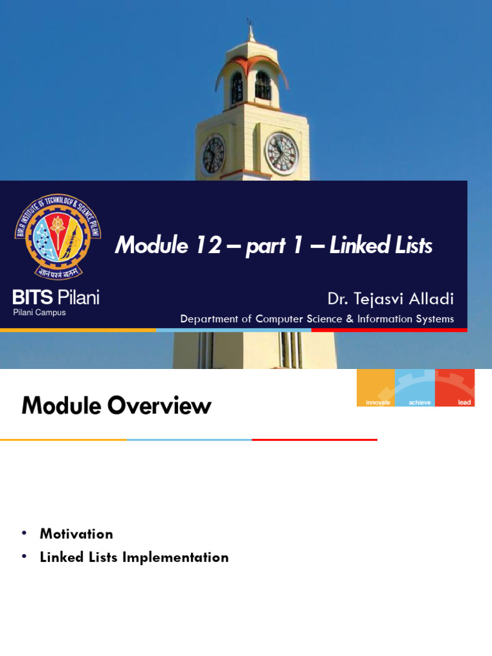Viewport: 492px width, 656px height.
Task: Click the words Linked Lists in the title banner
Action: [x=381, y=245]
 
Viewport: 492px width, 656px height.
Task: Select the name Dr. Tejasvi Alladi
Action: [x=390, y=299]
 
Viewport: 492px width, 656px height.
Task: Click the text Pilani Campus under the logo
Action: [x=39, y=313]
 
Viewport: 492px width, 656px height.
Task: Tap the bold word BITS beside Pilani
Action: [x=33, y=297]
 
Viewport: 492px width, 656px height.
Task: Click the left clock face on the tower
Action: [x=213, y=155]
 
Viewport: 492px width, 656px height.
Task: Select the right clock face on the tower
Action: [x=281, y=154]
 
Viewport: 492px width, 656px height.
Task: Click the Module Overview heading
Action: [x=116, y=406]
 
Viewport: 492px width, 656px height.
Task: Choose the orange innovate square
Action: [x=376, y=388]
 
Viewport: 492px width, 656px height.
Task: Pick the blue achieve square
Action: [x=415, y=388]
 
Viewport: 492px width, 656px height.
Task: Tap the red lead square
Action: [x=455, y=388]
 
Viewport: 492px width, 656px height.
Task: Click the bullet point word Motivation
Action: [x=76, y=534]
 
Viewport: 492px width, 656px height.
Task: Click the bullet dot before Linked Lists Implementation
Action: [x=24, y=557]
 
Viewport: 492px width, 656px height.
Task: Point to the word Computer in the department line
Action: [x=279, y=319]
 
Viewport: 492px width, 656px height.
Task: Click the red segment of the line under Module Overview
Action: [x=314, y=439]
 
